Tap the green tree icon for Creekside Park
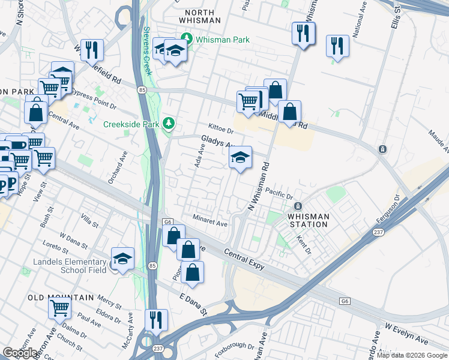[169, 124]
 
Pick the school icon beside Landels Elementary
[122, 259]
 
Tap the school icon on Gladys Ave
[240, 157]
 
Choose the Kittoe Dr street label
[220, 129]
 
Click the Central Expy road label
[244, 255]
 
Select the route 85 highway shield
[142, 90]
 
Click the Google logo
[20, 353]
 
